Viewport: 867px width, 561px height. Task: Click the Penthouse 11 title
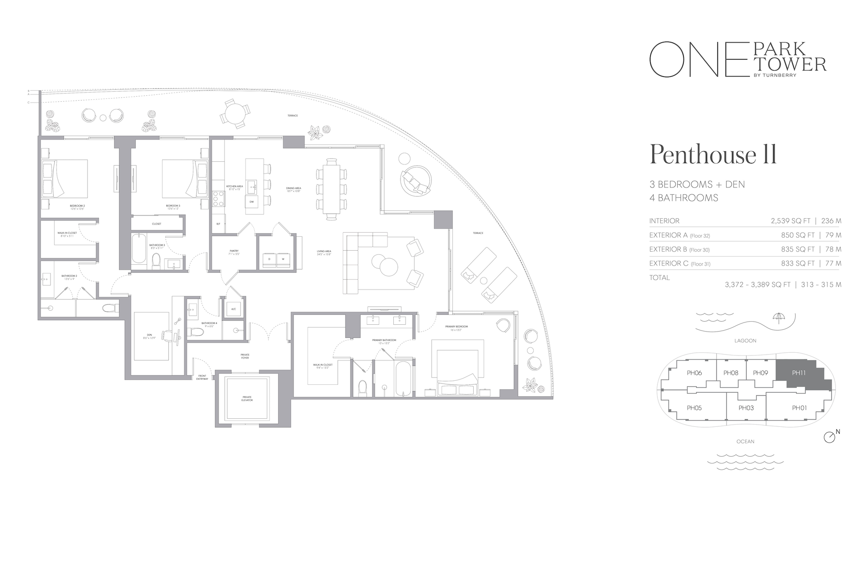[713, 155]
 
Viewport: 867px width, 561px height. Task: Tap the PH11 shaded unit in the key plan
[799, 373]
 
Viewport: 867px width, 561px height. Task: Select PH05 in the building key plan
[694, 408]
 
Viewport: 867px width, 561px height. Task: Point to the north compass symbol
[830, 437]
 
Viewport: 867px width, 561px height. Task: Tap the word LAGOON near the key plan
[745, 341]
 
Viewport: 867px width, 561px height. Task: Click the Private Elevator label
[247, 399]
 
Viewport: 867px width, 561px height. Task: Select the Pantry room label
[234, 252]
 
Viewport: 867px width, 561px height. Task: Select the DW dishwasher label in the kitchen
[252, 201]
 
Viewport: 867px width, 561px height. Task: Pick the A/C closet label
[233, 309]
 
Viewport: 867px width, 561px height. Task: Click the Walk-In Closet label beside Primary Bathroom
[322, 366]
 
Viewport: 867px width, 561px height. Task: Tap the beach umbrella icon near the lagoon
[778, 318]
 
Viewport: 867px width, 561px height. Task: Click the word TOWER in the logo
[799, 65]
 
